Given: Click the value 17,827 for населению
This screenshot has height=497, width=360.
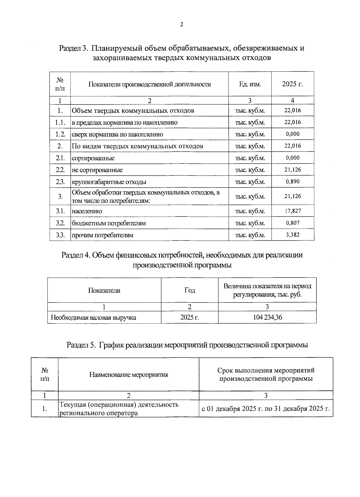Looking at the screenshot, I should click(x=292, y=211).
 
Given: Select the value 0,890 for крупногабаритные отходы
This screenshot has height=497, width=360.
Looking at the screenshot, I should click(x=292, y=182).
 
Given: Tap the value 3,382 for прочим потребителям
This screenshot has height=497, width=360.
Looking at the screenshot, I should click(x=292, y=235).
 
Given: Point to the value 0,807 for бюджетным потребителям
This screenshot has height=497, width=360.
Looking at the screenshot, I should click(x=292, y=223).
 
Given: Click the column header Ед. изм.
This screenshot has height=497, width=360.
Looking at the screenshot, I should click(x=250, y=84).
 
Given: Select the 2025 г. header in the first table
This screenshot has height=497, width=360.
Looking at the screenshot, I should click(x=292, y=84).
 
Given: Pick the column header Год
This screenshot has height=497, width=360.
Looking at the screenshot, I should click(x=189, y=290).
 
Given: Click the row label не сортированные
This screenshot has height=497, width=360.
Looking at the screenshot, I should click(x=97, y=170).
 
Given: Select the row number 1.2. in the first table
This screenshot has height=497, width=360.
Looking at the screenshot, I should click(x=60, y=134).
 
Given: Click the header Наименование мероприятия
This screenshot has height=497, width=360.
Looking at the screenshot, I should click(x=128, y=375).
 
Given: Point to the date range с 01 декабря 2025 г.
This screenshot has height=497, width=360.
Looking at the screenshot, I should click(x=266, y=409).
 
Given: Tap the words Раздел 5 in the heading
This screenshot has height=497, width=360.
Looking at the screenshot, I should click(x=81, y=345).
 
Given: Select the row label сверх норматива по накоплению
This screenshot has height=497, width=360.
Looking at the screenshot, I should click(x=117, y=134).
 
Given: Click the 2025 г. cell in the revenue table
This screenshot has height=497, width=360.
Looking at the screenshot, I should click(x=189, y=318).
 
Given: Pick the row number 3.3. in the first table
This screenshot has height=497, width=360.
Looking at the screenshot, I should click(x=60, y=235).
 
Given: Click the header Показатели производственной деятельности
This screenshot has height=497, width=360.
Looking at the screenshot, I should click(x=149, y=84).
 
